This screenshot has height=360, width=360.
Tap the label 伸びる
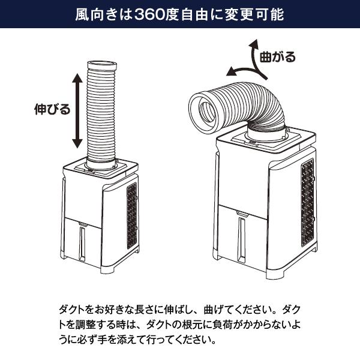click(52, 109)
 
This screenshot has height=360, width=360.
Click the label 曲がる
click(277, 57)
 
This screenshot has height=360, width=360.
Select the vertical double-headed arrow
click(77, 111)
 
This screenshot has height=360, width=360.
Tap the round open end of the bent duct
click(206, 111)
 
